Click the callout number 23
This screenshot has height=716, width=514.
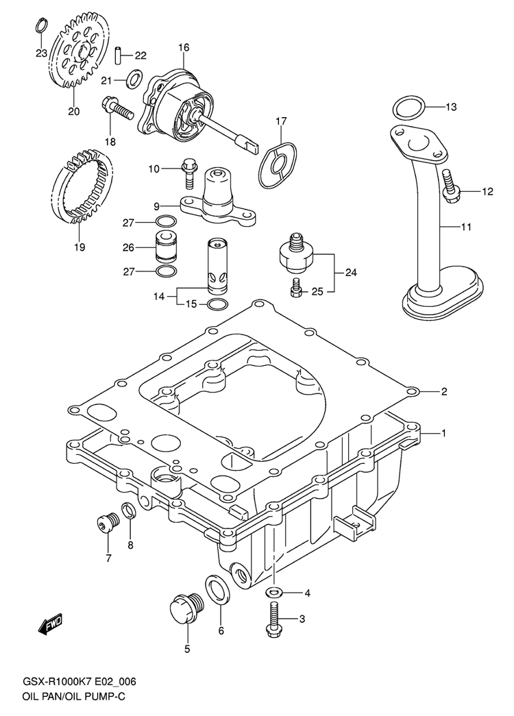41,53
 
